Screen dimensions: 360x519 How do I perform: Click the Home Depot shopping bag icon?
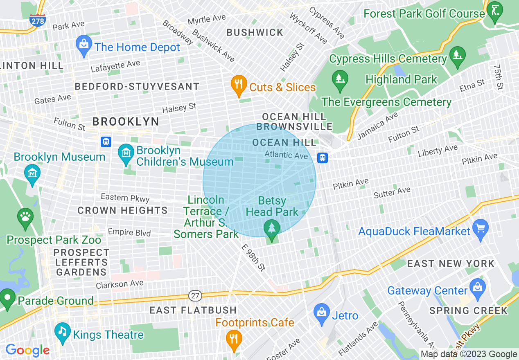click(x=84, y=46)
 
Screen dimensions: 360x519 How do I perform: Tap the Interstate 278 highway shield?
click(x=38, y=19)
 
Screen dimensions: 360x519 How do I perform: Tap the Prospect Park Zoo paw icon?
click(x=25, y=217)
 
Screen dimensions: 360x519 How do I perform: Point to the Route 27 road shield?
click(x=195, y=295)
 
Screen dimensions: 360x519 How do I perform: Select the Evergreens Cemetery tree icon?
click(x=339, y=79)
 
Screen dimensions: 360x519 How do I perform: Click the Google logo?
click(x=27, y=350)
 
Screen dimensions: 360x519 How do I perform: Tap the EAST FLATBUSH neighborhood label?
click(x=193, y=310)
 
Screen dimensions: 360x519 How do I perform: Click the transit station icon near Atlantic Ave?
click(x=323, y=157)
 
